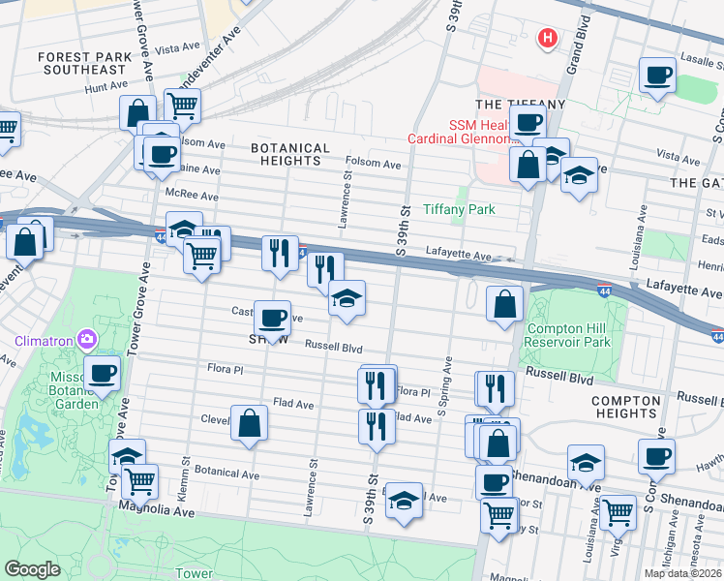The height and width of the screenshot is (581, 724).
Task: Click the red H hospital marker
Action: (x=547, y=39)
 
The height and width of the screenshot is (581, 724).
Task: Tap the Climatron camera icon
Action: (x=88, y=339)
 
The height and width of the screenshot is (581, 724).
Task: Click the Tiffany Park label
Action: (x=459, y=209)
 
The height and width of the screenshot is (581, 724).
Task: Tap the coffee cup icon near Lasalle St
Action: (x=657, y=75)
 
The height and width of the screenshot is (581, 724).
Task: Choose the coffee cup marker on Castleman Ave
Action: (x=272, y=318)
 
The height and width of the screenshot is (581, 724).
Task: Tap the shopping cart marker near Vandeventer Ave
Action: (x=181, y=105)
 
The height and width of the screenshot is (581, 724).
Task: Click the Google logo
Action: (x=32, y=569)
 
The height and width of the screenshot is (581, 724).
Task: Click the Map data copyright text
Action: (x=682, y=573)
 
